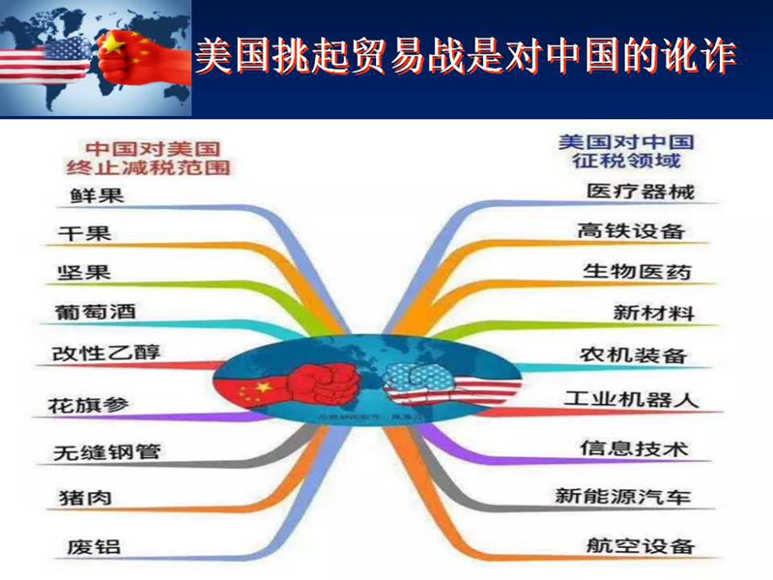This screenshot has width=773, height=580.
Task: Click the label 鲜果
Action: pos(97,195)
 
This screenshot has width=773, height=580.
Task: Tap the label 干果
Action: pos(84,233)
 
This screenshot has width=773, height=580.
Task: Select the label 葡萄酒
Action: pos(95,311)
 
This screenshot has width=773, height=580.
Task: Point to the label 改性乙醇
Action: pos(106,353)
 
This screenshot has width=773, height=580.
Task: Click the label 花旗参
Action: pos(88,405)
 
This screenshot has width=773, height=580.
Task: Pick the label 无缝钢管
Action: pos(107,451)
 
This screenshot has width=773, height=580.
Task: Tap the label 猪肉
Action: pos(85,498)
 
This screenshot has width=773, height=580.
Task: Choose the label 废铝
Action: pos(94,546)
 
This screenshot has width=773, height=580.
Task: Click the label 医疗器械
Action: pos(641,191)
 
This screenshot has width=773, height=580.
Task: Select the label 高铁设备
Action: pos(631,231)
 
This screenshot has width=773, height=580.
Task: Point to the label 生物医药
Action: pos(637,272)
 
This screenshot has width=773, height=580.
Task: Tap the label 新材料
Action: pos(654,312)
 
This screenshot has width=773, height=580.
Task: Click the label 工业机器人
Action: pos(632,399)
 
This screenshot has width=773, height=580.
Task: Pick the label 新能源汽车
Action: pos(622,496)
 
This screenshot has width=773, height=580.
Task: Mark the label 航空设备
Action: pos(641,545)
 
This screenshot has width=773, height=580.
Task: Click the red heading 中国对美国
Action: pos(153,149)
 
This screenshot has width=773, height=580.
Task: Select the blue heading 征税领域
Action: pos(626,160)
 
